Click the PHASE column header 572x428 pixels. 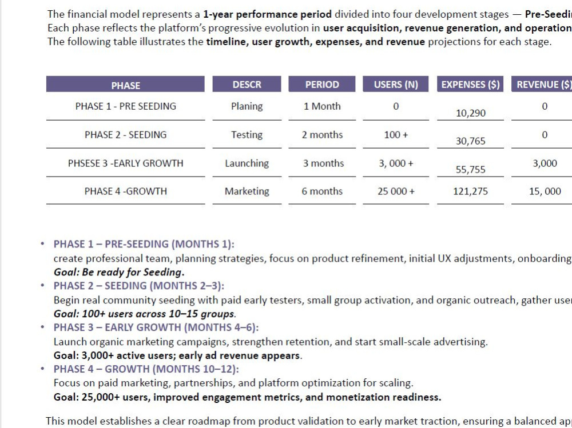[125, 86]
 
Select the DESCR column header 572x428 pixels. [247, 85]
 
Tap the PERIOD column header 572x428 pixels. [322, 85]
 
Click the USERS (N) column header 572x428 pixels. [396, 85]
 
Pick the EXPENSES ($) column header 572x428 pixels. [471, 85]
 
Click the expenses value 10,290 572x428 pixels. [471, 113]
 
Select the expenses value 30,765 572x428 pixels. [471, 141]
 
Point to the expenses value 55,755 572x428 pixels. [471, 170]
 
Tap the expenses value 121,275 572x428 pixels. [470, 191]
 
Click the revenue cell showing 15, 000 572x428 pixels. [545, 191]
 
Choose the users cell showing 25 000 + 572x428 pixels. [396, 191]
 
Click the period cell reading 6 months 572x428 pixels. [322, 191]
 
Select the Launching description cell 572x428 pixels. [247, 163]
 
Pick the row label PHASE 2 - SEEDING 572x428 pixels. [125, 135]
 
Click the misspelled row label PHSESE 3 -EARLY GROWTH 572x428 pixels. [125, 163]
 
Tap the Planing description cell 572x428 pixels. [247, 106]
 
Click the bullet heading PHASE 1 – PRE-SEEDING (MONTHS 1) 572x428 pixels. [144, 244]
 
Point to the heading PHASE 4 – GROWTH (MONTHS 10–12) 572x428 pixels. [146, 369]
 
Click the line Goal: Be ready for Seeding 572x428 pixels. [119, 273]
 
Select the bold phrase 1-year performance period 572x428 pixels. [267, 15]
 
